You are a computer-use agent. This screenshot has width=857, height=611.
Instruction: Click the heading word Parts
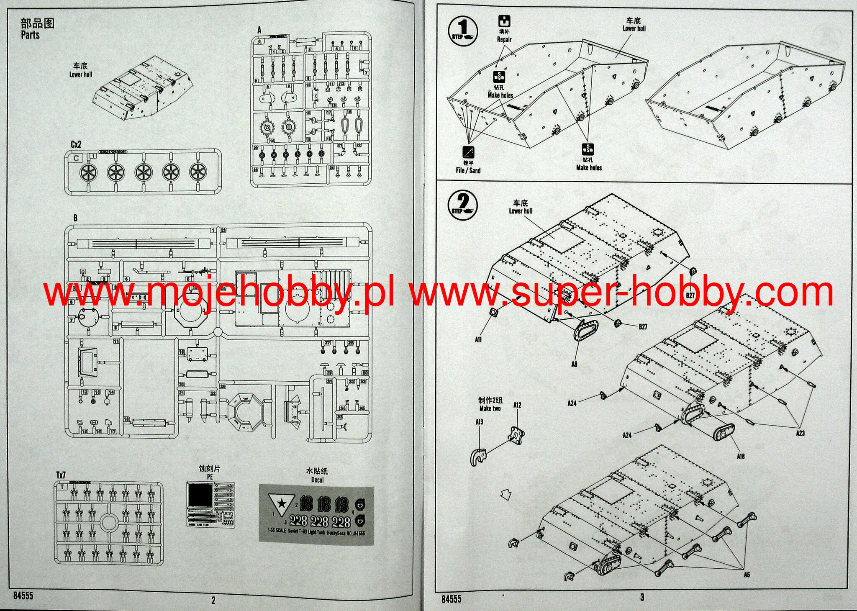[x=30, y=35]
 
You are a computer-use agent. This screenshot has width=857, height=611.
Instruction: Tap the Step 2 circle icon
[x=462, y=204]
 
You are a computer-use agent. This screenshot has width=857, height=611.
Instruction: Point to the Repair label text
[x=504, y=39]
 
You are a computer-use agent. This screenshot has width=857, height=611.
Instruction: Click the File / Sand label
[x=468, y=170]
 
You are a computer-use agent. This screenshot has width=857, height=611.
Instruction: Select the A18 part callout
[x=740, y=457]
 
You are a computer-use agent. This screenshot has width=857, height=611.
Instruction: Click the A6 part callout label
[x=747, y=575]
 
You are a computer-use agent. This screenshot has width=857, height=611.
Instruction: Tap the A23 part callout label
[x=800, y=433]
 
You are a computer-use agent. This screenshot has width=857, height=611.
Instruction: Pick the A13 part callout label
[x=479, y=422]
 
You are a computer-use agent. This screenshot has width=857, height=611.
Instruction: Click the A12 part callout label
[x=517, y=405]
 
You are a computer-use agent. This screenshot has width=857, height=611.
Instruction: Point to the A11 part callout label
[x=478, y=340]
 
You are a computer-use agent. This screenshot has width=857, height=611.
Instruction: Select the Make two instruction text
[x=490, y=408]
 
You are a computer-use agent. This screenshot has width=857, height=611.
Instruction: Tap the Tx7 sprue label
[x=61, y=475]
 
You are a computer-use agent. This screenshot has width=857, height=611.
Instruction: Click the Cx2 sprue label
[x=76, y=144]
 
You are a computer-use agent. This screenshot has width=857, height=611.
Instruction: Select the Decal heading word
[x=317, y=480]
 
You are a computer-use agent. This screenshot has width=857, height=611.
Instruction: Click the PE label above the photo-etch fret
[x=210, y=477]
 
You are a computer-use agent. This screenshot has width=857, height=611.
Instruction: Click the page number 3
[x=642, y=597]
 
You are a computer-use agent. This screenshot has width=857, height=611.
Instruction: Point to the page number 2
[x=213, y=601]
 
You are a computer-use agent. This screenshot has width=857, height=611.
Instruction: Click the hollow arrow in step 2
[x=506, y=495]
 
